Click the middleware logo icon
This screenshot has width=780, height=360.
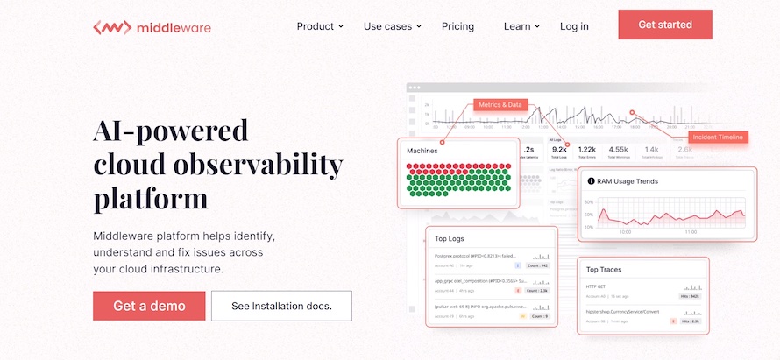pyautogui.click(x=111, y=27)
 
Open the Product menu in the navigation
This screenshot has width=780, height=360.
pyautogui.click(x=320, y=26)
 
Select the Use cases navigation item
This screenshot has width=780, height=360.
pyautogui.click(x=392, y=26)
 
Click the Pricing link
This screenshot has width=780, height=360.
pyautogui.click(x=457, y=26)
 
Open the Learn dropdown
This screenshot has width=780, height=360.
pyautogui.click(x=521, y=26)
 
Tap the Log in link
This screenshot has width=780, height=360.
pyautogui.click(x=574, y=26)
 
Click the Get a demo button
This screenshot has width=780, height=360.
pyautogui.click(x=149, y=306)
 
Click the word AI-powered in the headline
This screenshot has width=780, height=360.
pyautogui.click(x=170, y=131)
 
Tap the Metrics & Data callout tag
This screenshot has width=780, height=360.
pyautogui.click(x=500, y=105)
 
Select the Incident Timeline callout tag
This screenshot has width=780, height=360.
pyautogui.click(x=718, y=138)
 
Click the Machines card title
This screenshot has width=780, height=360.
pyautogui.click(x=422, y=151)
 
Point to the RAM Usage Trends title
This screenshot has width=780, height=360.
pyautogui.click(x=628, y=181)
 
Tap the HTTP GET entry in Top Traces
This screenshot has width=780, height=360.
pyautogui.click(x=596, y=286)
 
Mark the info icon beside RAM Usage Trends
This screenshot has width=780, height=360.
pyautogui.click(x=592, y=181)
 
